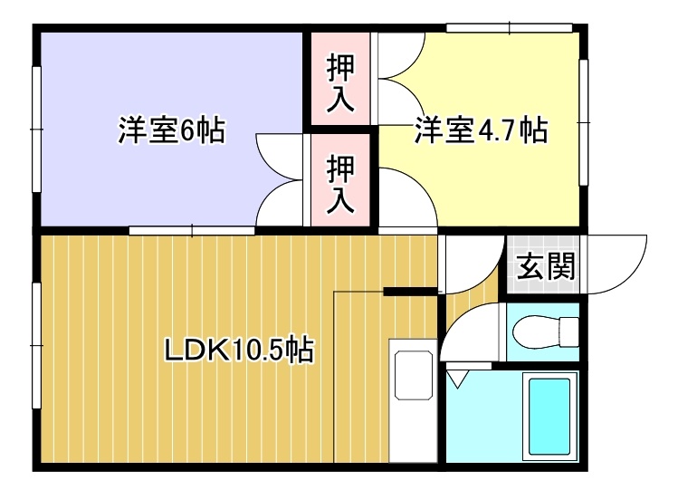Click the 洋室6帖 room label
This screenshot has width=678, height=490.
[172, 130]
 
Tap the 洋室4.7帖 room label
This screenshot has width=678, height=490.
[482, 130]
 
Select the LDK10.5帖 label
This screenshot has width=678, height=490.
[239, 350]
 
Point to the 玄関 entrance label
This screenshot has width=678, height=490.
[546, 265]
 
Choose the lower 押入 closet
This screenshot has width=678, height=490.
[340, 180]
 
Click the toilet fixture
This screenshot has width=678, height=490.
[546, 331]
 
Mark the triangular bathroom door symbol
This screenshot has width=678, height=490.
[457, 379]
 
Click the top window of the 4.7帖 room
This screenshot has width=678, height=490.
[510, 28]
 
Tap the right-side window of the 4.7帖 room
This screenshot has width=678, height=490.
[583, 122]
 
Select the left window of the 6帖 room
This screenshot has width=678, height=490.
[37, 130]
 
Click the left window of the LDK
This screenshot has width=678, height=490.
[37, 346]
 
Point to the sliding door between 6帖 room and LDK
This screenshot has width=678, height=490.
[192, 231]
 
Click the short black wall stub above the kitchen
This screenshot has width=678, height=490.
[410, 292]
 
